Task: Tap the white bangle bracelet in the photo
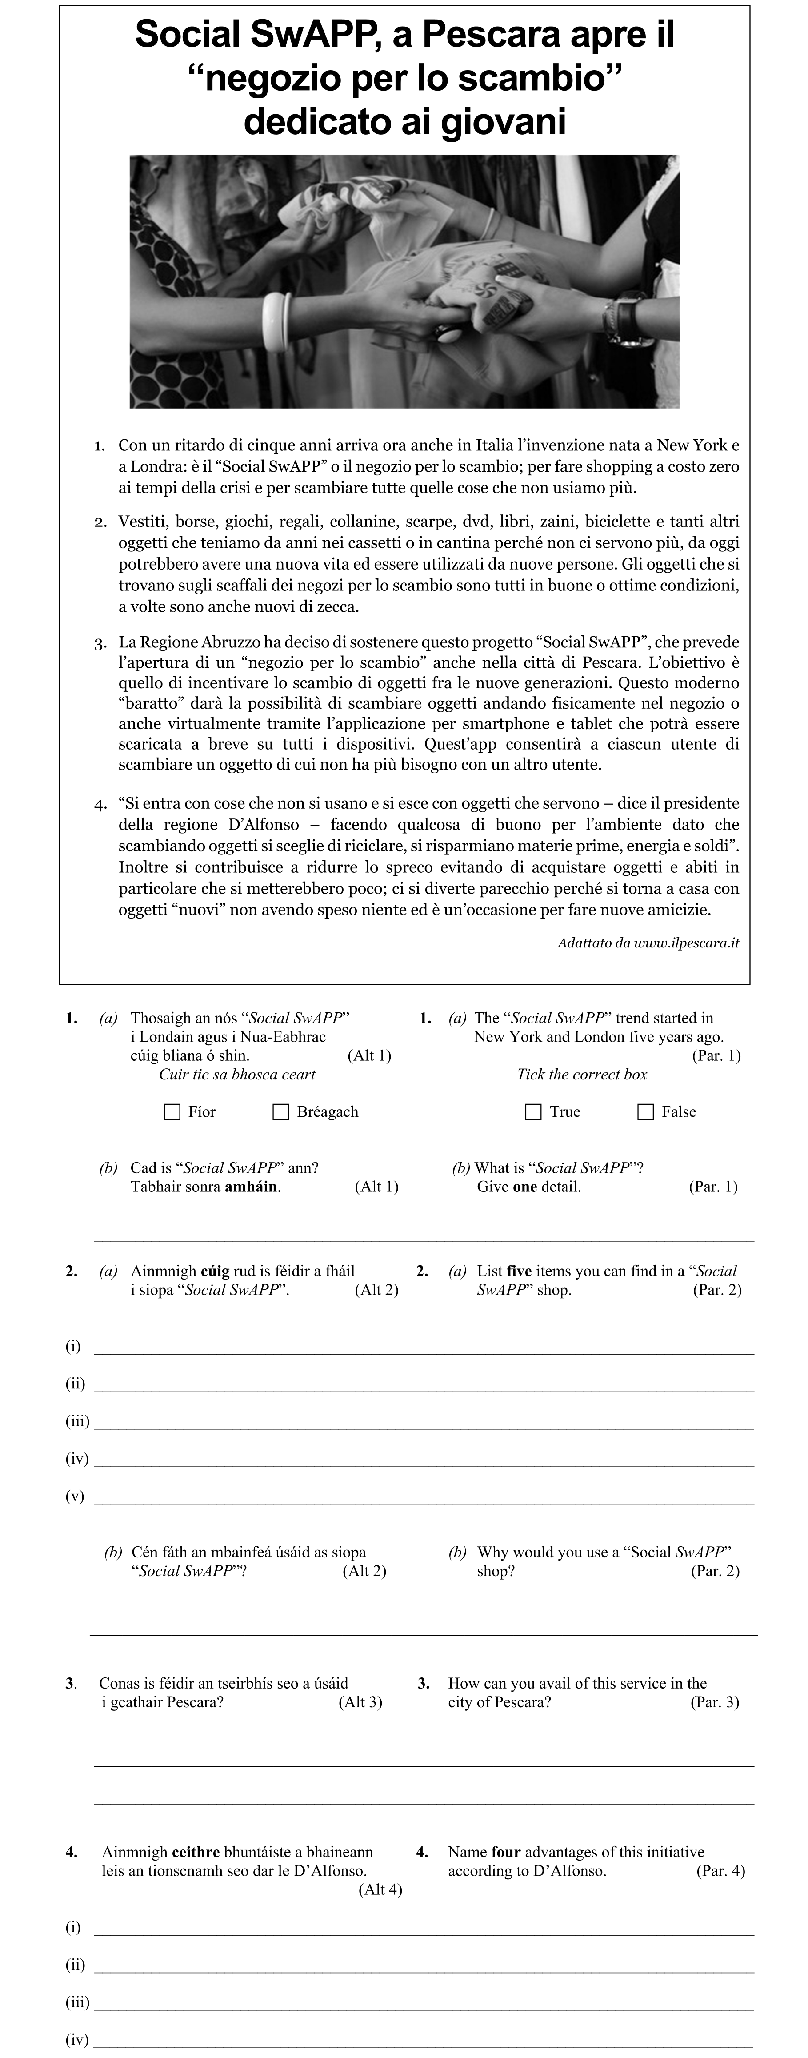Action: click(x=276, y=321)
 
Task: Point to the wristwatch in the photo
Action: click(x=627, y=320)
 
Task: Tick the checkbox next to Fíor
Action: click(x=172, y=1112)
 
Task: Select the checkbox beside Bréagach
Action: click(x=281, y=1112)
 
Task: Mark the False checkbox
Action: click(x=645, y=1112)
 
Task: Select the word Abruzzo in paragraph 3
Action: click(x=236, y=642)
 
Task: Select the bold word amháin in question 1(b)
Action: click(x=251, y=1187)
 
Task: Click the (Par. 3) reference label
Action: click(x=715, y=1702)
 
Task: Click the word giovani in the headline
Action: click(x=503, y=122)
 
